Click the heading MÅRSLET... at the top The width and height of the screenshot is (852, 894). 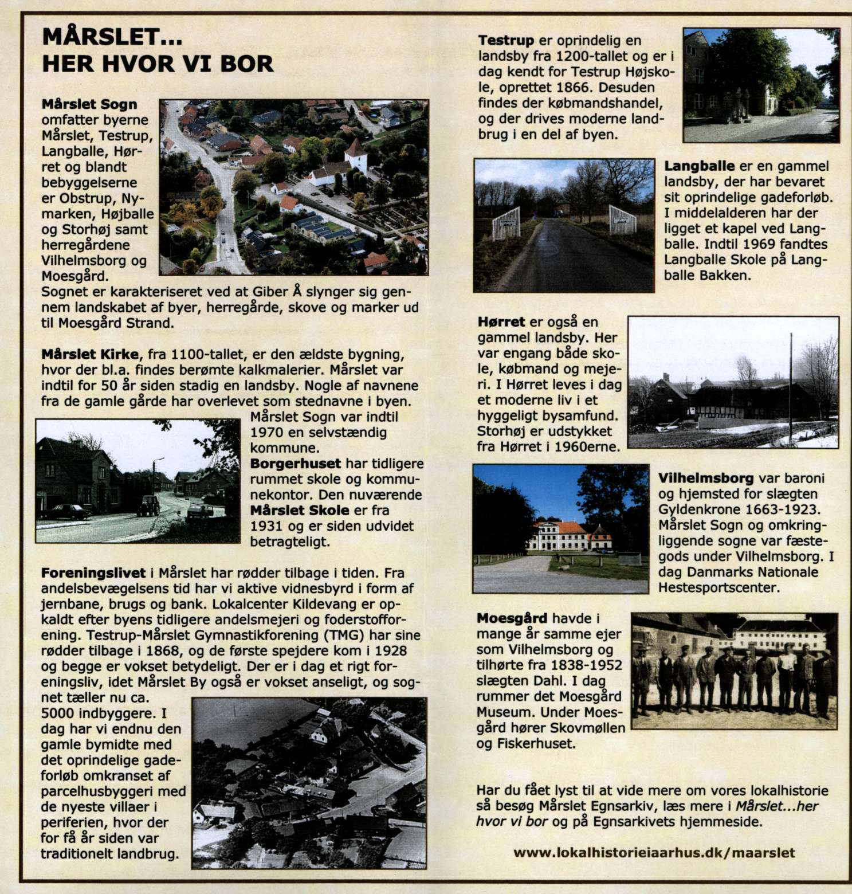click(112, 38)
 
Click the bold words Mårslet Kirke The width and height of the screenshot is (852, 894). click(90, 354)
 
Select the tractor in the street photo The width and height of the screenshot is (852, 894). click(148, 505)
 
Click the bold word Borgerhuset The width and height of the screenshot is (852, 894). click(296, 464)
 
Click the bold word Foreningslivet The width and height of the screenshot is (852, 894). click(93, 573)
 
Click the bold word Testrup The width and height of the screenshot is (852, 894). click(506, 41)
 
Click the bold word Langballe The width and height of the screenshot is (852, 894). click(699, 166)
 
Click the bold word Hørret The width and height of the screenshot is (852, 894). click(501, 322)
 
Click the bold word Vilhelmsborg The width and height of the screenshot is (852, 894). click(705, 479)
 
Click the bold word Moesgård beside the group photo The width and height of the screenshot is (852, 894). click(512, 618)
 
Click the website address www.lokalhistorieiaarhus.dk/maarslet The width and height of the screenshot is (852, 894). click(654, 852)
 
